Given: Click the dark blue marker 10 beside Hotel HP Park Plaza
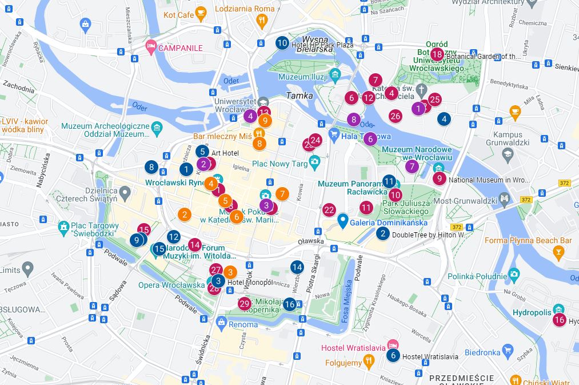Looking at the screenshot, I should [x=282, y=42].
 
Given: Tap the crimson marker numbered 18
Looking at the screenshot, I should [x=437, y=55].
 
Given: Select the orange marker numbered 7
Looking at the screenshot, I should [x=282, y=194].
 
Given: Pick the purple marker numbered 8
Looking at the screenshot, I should [x=354, y=120].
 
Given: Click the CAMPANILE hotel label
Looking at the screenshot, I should [x=180, y=48].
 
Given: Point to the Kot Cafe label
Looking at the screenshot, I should [x=178, y=15].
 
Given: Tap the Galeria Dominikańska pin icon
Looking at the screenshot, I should [x=343, y=220].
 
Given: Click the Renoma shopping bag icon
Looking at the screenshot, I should [x=221, y=323].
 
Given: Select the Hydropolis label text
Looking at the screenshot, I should [x=532, y=313].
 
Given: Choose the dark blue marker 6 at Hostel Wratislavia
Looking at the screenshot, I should [x=392, y=355].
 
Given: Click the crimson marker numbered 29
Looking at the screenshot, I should [x=245, y=304].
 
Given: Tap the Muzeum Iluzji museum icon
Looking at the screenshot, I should [x=334, y=75].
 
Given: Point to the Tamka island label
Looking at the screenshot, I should [x=300, y=96].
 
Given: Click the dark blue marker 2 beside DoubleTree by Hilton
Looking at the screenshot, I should [x=383, y=233].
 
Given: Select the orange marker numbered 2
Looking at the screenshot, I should [x=184, y=215].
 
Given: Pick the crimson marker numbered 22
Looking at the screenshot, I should [x=329, y=210].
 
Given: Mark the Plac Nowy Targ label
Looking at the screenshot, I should [x=280, y=163].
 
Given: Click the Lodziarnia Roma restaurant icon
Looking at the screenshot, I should [x=262, y=21].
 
